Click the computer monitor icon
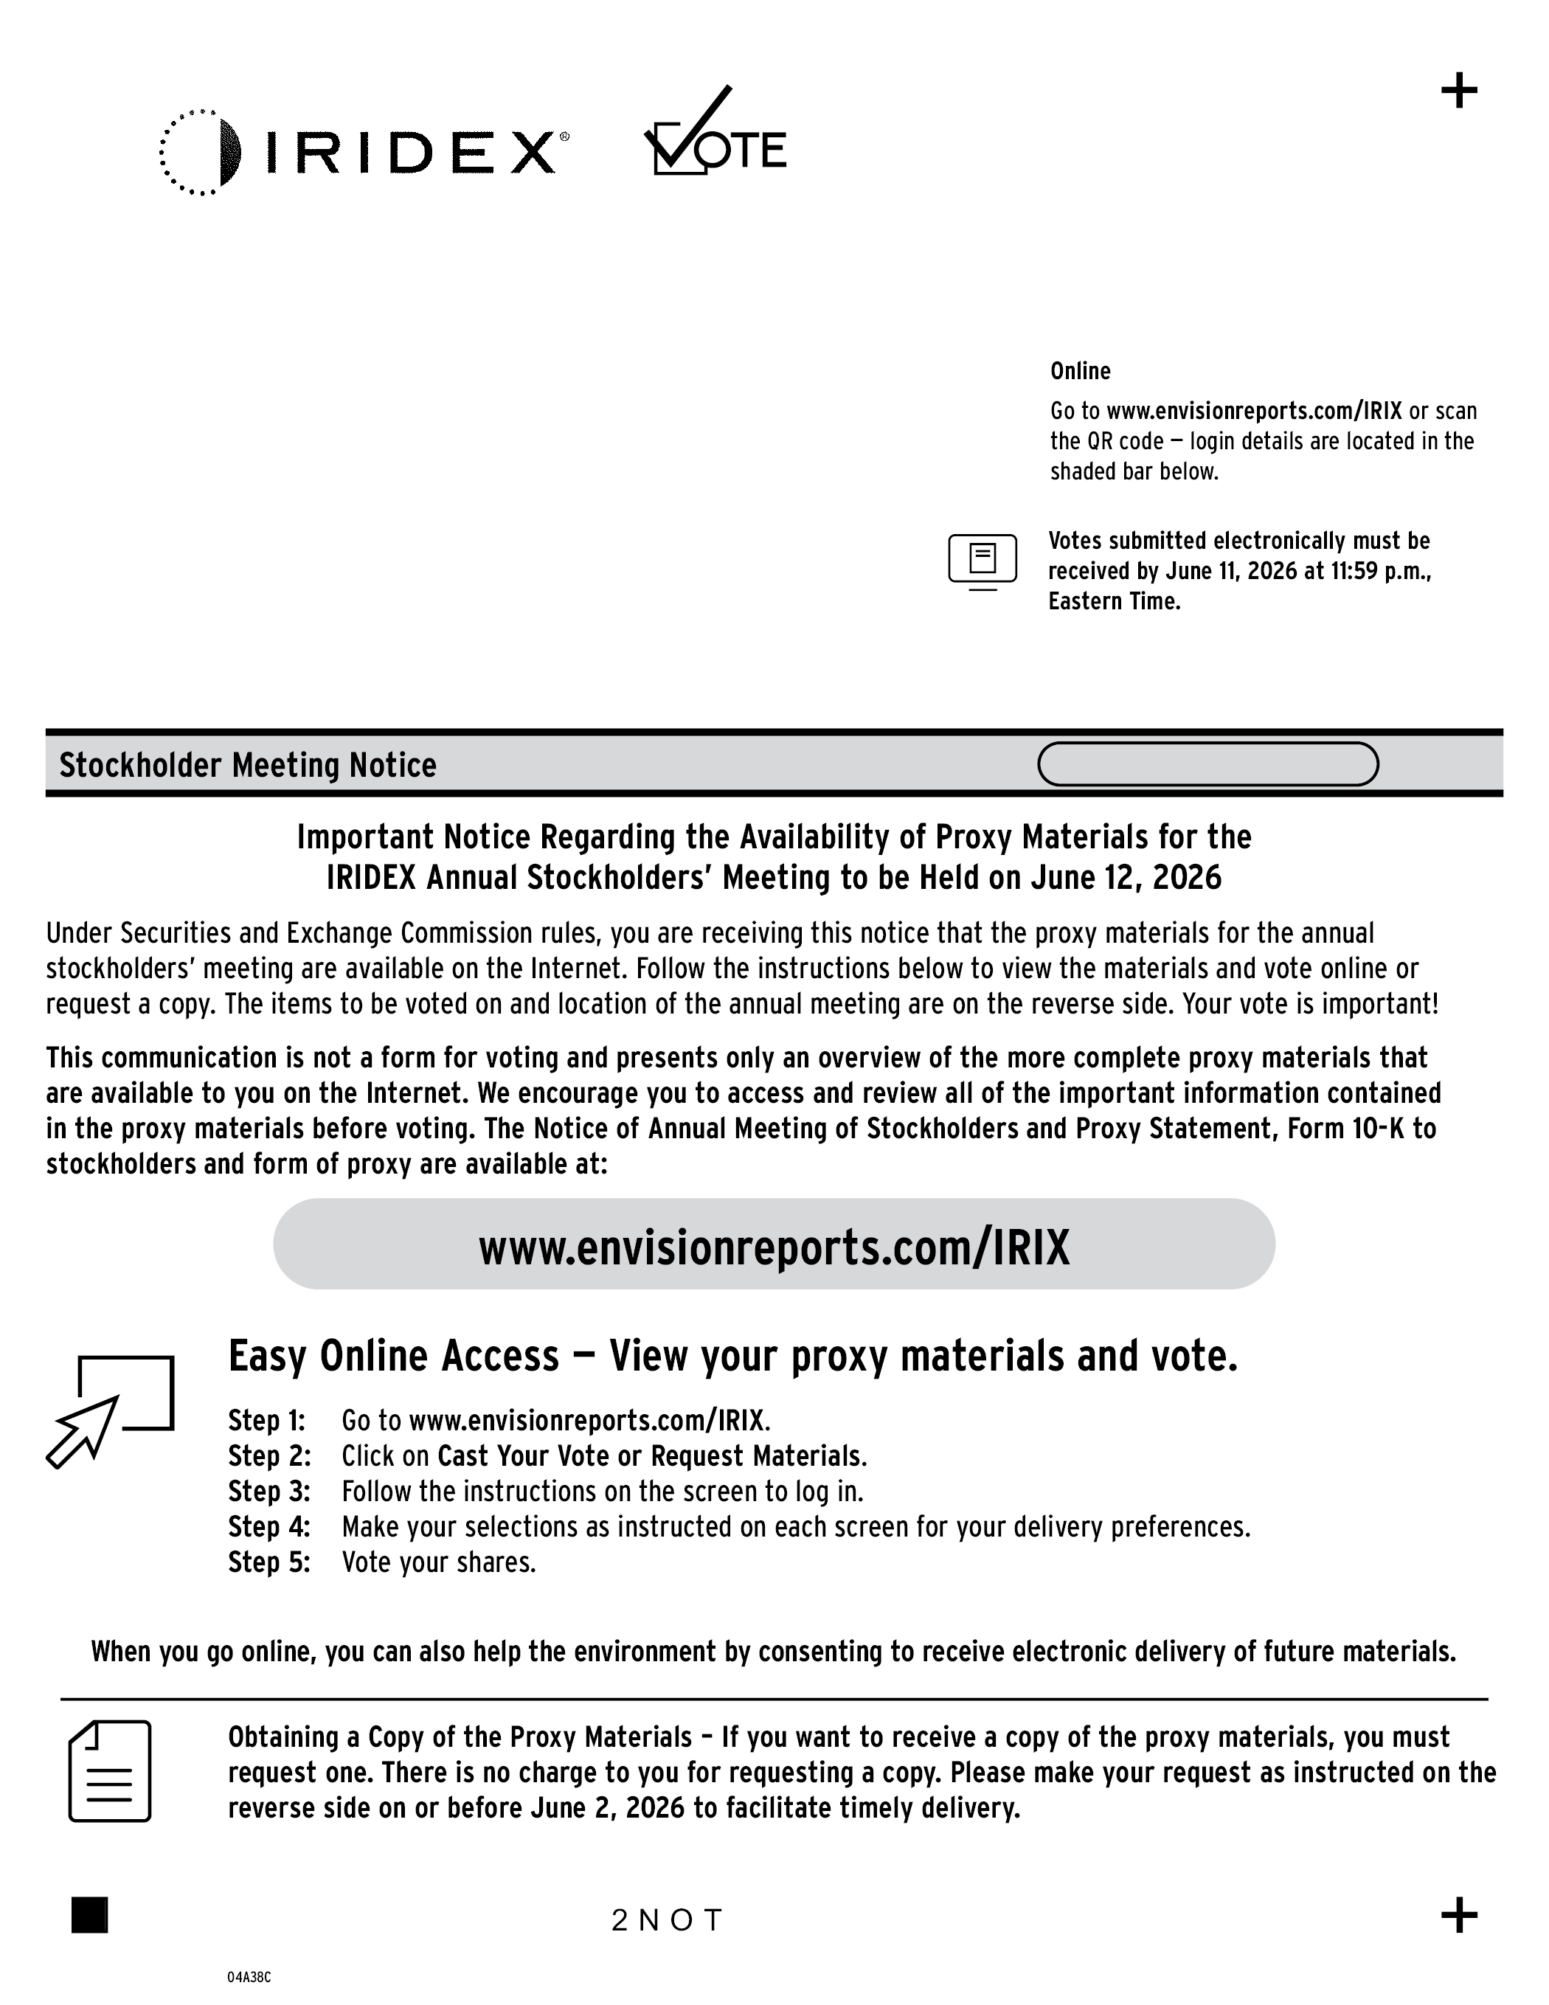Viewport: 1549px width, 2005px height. coord(982,560)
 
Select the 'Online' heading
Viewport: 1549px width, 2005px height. coord(1080,371)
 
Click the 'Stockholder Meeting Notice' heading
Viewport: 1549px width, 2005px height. coord(247,765)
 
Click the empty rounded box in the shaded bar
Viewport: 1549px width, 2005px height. coord(1207,763)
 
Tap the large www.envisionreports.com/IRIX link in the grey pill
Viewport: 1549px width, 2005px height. coord(774,1247)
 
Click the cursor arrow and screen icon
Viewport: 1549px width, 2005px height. coord(110,1409)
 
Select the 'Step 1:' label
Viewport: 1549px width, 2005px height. coord(266,1420)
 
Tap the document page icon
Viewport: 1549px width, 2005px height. coord(110,1771)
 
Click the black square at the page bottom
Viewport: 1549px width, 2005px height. coord(90,1915)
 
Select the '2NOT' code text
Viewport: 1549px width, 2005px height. coord(668,1919)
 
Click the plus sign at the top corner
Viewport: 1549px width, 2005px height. coord(1459,91)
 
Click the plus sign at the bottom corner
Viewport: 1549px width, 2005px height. coord(1459,1915)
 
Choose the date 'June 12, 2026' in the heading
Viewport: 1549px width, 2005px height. coord(1126,878)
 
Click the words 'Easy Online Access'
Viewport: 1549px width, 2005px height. coord(393,1357)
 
